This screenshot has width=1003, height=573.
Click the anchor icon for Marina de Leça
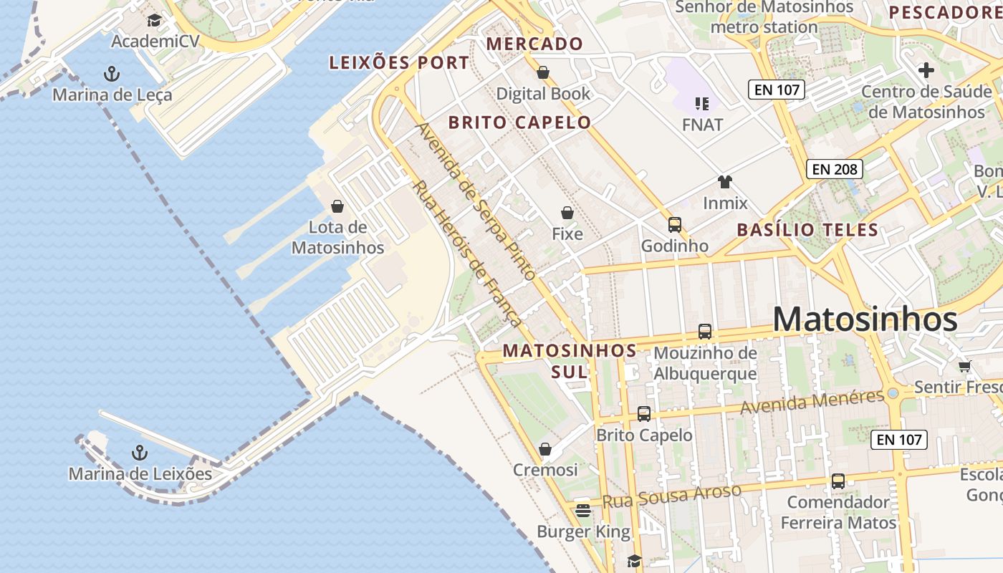tap(111, 73)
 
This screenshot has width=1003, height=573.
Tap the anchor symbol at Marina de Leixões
tap(140, 453)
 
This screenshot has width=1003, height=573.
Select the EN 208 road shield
tap(834, 169)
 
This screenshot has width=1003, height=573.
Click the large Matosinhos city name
tap(865, 319)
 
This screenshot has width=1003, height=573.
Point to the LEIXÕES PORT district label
tap(399, 63)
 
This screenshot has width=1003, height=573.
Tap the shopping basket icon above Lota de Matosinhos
tap(337, 207)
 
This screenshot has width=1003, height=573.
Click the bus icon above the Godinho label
tap(674, 225)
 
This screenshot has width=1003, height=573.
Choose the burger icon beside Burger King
tap(583, 511)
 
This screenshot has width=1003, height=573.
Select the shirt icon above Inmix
tap(724, 182)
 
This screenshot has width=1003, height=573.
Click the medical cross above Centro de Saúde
tap(926, 70)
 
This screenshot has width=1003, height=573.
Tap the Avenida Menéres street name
tap(812, 402)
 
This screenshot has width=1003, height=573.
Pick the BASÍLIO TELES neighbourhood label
tap(807, 230)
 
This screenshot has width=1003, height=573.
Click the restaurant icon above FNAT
tap(701, 104)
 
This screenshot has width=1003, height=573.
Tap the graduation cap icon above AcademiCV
tap(154, 20)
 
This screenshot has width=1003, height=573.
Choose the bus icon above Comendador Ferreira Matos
tap(838, 481)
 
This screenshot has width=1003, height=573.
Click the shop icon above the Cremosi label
tap(545, 449)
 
